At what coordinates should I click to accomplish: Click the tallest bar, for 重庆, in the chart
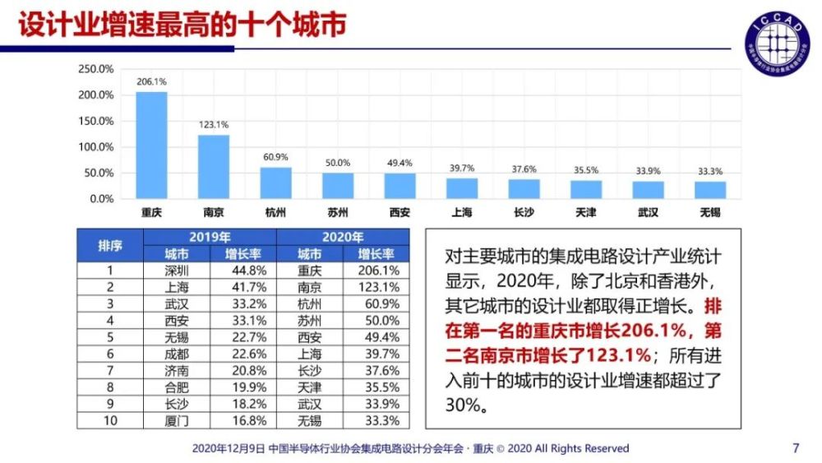[151, 145]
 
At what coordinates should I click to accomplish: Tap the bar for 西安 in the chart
[399, 185]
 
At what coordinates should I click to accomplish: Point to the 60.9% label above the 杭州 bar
[275, 157]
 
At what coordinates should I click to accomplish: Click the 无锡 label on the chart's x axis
[709, 212]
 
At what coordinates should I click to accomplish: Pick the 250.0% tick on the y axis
[96, 69]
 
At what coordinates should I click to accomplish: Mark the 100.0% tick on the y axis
[96, 147]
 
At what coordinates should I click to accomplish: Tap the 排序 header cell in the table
[110, 245]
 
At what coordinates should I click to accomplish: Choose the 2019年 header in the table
[210, 237]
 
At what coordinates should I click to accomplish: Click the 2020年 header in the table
[343, 237]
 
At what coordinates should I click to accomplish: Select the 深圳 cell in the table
[177, 270]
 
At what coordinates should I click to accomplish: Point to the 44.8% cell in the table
[244, 270]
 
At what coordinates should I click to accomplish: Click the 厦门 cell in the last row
[177, 420]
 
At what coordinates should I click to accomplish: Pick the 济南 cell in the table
[177, 370]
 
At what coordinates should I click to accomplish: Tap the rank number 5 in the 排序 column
[110, 337]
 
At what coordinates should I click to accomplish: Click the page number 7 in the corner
[795, 448]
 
